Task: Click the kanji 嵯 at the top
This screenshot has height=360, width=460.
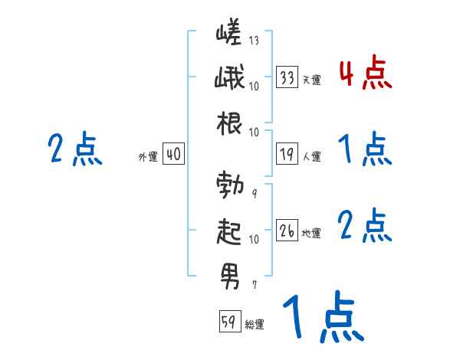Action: (228, 36)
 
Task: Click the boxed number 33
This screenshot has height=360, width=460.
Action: (287, 77)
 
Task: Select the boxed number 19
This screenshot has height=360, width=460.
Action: (287, 154)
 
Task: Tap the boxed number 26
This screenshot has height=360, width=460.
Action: (287, 231)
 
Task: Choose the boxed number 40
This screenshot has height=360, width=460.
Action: (173, 154)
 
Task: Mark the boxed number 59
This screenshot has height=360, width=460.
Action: (229, 322)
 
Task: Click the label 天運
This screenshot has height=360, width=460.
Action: (311, 80)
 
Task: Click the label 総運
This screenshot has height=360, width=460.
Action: (254, 325)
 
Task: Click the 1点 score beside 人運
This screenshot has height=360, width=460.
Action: (364, 149)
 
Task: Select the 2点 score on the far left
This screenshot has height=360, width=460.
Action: (75, 149)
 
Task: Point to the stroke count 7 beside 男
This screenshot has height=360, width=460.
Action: (254, 285)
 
